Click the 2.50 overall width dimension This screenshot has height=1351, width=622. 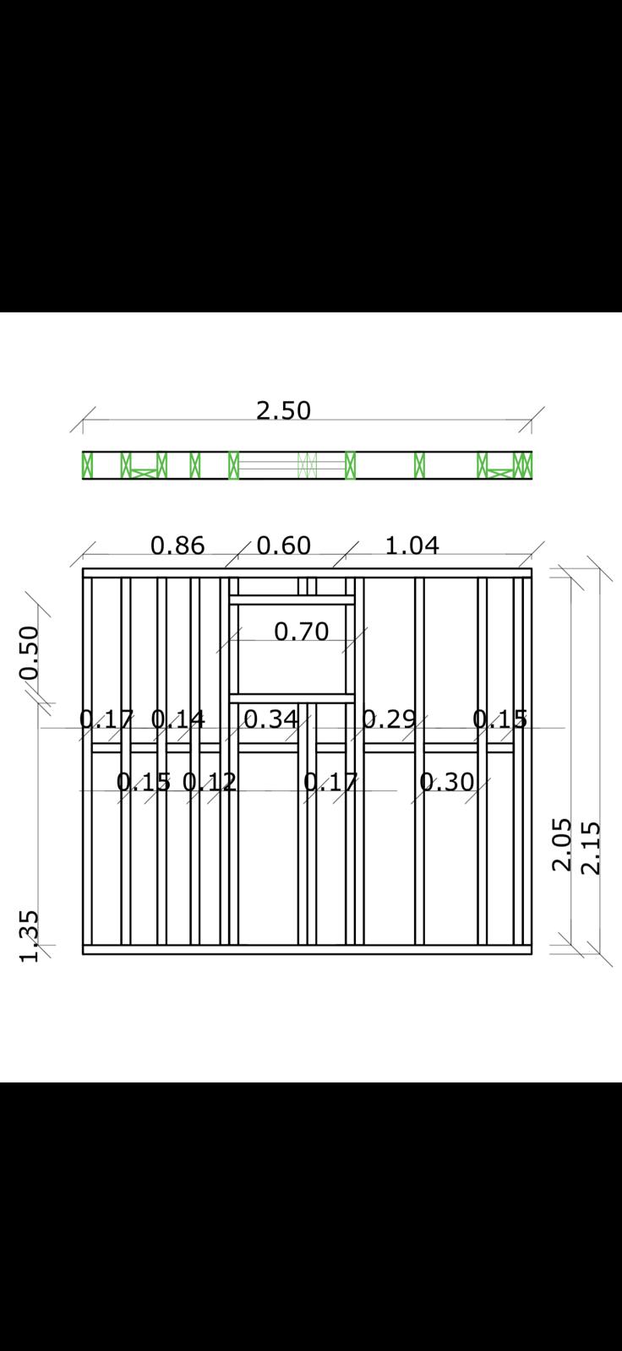pyautogui.click(x=283, y=410)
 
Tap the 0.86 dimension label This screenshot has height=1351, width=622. pyautogui.click(x=177, y=545)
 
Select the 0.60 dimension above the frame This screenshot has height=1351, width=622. pyautogui.click(x=284, y=545)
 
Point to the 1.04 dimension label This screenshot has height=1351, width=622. pyautogui.click(x=412, y=545)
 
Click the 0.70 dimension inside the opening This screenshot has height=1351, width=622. pyautogui.click(x=302, y=632)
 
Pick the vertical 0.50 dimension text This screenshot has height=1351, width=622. pyautogui.click(x=30, y=653)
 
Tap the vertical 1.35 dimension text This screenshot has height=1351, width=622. pyautogui.click(x=30, y=936)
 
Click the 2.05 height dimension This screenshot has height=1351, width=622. pyautogui.click(x=562, y=844)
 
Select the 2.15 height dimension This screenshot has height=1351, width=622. pyautogui.click(x=591, y=848)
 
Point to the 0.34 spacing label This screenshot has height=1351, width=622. pyautogui.click(x=271, y=719)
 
